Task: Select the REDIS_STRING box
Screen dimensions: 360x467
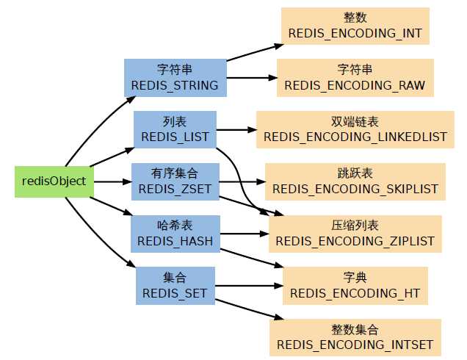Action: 174,77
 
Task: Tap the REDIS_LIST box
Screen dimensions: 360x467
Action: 175,129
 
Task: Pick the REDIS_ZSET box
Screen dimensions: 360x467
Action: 175,181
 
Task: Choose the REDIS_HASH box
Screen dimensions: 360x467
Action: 175,233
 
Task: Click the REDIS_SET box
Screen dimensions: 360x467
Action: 175,285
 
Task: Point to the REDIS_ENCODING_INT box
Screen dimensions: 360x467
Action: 355,26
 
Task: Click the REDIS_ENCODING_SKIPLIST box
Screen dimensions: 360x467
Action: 355,181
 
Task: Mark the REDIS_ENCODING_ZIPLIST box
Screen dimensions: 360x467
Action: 355,233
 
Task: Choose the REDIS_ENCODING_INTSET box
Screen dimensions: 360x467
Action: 355,336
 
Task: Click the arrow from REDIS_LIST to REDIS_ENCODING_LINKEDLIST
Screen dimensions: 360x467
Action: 236,130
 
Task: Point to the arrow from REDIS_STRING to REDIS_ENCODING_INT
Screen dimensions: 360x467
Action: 253,50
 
